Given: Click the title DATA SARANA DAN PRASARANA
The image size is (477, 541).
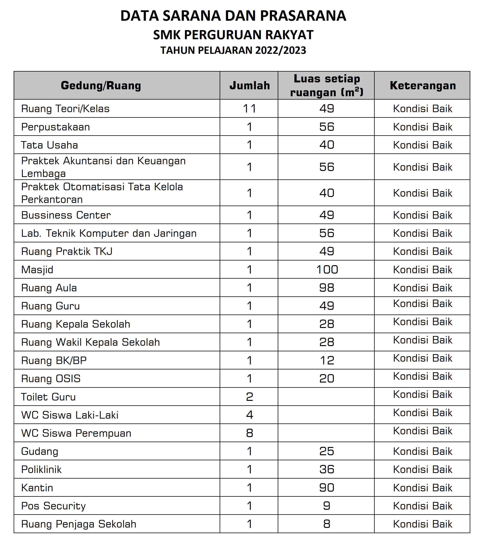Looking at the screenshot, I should pyautogui.click(x=233, y=16).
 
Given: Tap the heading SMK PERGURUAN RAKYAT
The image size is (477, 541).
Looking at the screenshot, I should pyautogui.click(x=233, y=35).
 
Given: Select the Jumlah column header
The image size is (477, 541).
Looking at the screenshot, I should pyautogui.click(x=250, y=85).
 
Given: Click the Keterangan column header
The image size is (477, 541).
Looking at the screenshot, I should pyautogui.click(x=422, y=85).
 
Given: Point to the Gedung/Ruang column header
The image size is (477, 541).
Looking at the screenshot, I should pyautogui.click(x=101, y=85).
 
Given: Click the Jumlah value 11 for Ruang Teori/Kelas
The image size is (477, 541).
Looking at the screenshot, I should pyautogui.click(x=250, y=109).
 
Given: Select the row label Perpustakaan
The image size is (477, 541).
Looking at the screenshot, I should pyautogui.click(x=55, y=127).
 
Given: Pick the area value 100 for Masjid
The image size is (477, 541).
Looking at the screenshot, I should pyautogui.click(x=327, y=269).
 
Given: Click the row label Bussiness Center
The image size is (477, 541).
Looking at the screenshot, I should pyautogui.click(x=66, y=215).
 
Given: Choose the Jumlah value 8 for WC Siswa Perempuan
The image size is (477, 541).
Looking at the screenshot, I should pyautogui.click(x=250, y=433).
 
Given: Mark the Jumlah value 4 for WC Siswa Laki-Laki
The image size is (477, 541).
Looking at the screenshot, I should pyautogui.click(x=250, y=415).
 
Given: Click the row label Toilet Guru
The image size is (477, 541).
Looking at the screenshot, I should pyautogui.click(x=48, y=397).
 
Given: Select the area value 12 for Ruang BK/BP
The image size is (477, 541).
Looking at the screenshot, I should pyautogui.click(x=327, y=360).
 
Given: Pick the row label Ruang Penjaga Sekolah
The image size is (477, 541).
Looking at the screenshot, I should pyautogui.click(x=79, y=524).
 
